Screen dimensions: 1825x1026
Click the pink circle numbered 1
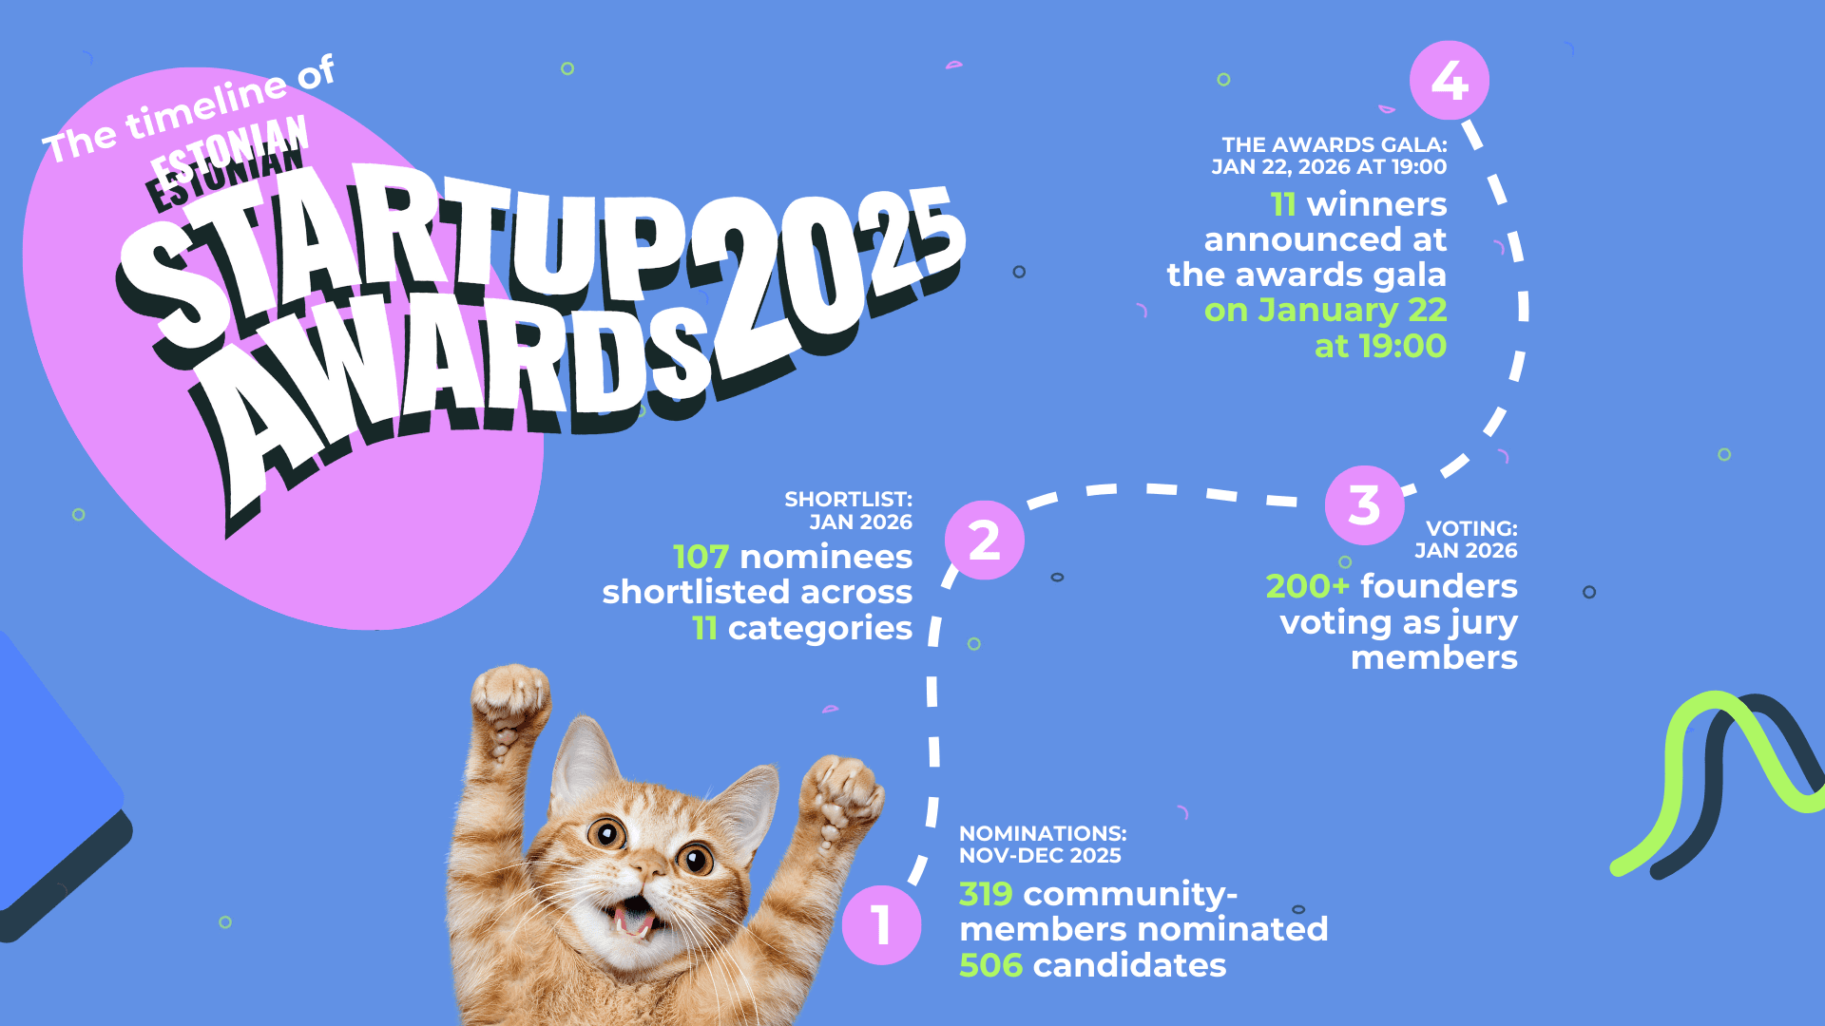[881, 925]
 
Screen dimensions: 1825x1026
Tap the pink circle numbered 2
[984, 540]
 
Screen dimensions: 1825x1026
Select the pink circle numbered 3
[1364, 504]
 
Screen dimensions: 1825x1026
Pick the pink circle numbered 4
[1449, 80]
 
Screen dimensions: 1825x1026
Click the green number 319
[986, 894]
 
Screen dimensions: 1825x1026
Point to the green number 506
[990, 965]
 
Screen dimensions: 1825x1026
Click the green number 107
[701, 557]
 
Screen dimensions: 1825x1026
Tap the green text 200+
[1307, 586]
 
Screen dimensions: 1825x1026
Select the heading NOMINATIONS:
[1043, 833]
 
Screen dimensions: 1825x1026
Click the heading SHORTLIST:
[848, 499]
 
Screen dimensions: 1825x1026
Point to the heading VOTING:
[1471, 528]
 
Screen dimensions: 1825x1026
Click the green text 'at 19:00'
[1380, 346]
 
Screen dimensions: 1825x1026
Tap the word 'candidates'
[1129, 965]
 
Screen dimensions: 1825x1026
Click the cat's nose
[648, 866]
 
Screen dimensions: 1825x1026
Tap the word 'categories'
[819, 629]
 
